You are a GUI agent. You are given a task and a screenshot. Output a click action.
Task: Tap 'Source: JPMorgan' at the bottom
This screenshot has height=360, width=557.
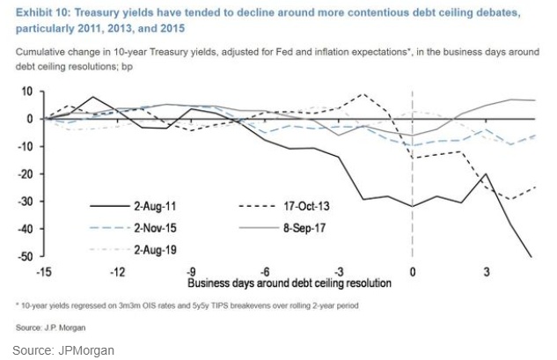pos(62,350)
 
